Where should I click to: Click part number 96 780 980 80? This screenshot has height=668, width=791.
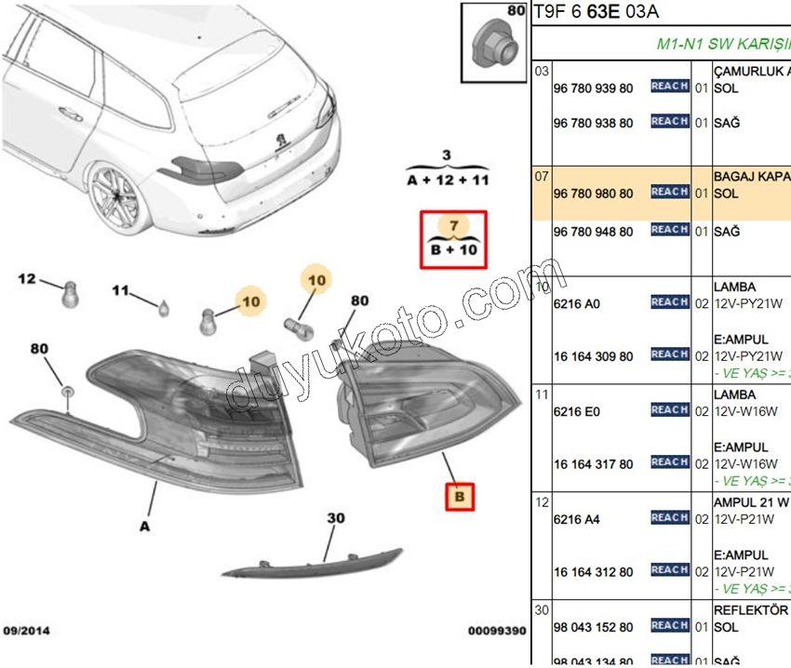coord(593,194)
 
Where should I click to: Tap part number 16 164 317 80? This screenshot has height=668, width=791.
coord(593,464)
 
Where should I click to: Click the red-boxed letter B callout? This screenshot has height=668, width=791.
coord(459,498)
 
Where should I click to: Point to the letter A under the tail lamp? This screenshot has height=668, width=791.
coord(144,527)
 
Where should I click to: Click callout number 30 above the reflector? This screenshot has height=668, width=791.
coord(335,519)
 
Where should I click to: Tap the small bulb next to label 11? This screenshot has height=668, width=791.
coord(163,307)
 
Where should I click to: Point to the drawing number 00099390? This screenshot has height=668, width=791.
coord(496,631)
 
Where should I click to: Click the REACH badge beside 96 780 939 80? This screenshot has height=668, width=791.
coord(669,87)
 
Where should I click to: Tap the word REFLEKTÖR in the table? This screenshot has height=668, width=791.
coord(750,610)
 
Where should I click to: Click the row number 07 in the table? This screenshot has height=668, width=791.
coord(541,176)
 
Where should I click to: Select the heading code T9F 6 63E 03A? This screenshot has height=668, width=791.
coord(595,11)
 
